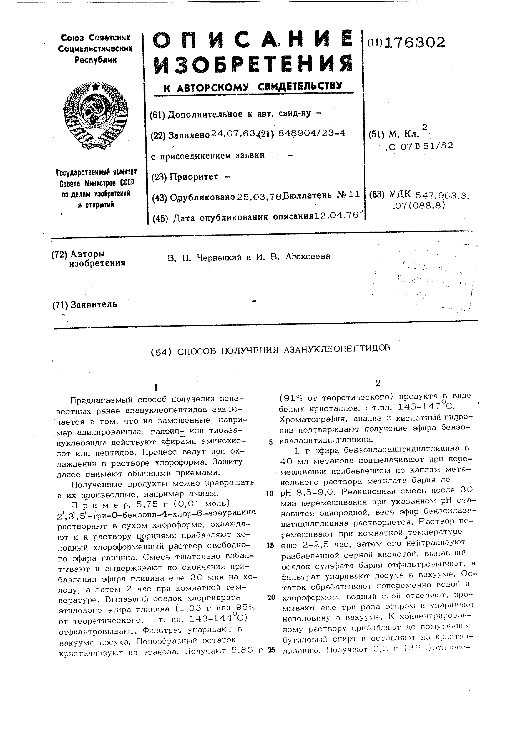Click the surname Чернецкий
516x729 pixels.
tap(221, 257)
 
